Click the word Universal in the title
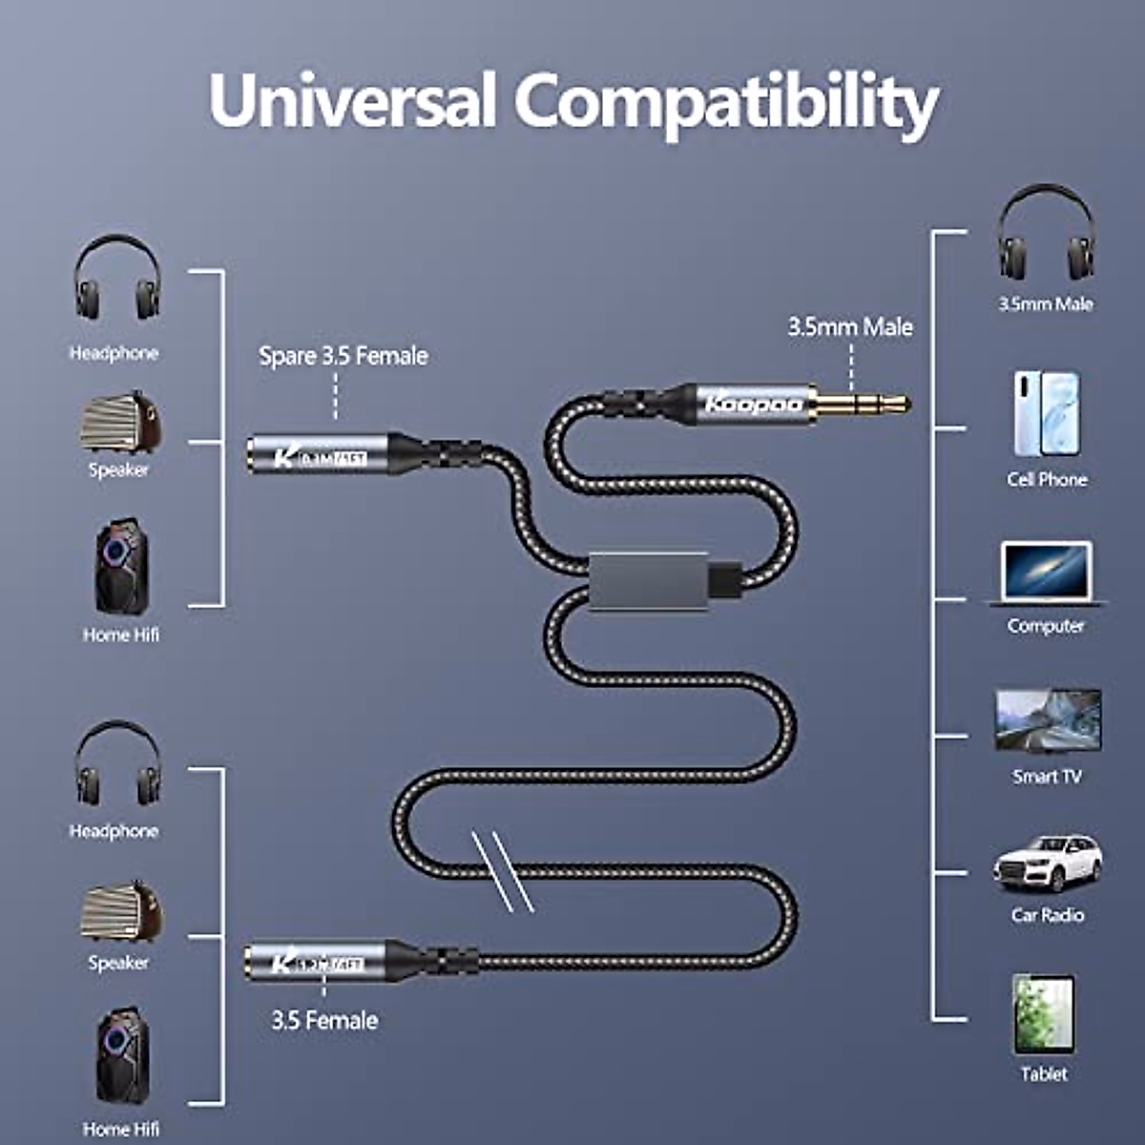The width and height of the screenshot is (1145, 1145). coord(352,99)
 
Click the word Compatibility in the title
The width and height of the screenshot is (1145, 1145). coord(727,103)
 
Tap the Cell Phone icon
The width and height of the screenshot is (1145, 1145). coord(1046,414)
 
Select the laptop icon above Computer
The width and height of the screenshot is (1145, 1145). coord(1046,572)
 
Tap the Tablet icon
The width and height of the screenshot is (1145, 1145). coord(1043,1013)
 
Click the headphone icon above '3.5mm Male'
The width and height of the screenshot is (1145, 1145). coord(1046,234)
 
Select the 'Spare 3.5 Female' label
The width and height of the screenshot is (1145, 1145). coord(343,356)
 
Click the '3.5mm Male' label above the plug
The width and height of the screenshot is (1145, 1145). coord(849,327)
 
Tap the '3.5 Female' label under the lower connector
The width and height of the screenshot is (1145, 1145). coord(324,1020)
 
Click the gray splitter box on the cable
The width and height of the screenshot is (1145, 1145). coord(649,577)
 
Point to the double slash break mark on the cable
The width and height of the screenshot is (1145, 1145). coord(502,869)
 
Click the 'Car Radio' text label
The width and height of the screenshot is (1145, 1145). coord(1047,915)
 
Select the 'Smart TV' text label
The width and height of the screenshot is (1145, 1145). coord(1047,777)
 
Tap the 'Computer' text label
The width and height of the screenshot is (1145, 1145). coord(1046,626)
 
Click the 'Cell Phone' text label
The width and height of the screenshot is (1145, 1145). coord(1047,479)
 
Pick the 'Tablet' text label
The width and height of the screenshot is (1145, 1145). coord(1043,1074)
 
